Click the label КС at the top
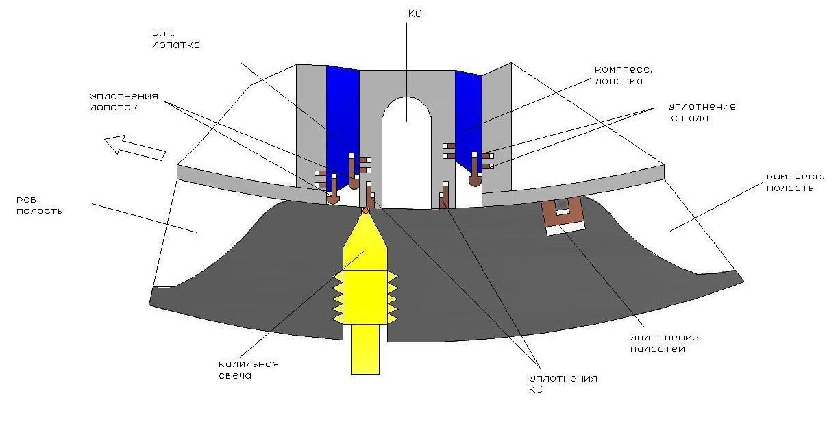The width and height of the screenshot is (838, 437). coord(415,14)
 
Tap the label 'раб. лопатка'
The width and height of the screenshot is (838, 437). coord(176,39)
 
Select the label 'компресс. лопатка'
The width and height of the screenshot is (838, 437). coord(624,75)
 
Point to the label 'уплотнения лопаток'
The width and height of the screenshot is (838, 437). coord(124,101)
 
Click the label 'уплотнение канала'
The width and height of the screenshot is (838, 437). coord(702,112)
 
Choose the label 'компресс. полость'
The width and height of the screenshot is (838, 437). coord(796,182)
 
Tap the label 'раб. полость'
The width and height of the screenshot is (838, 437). coord(39,205)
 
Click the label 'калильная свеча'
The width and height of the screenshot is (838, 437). coord(249,369)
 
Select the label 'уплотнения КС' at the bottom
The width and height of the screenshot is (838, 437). coord(563,384)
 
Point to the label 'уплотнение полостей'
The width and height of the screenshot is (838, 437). coord(664,343)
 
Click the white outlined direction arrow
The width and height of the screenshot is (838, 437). coord(135,148)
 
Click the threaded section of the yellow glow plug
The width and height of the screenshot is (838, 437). coord(365,297)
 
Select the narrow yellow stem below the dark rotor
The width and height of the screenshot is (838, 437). coord(365,349)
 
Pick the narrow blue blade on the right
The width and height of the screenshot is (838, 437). coord(469,120)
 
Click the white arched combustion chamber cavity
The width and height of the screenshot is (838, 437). coord(406,153)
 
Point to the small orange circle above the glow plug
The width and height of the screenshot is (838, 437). coord(365,211)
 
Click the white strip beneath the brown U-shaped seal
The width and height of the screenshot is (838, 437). coord(565,229)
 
